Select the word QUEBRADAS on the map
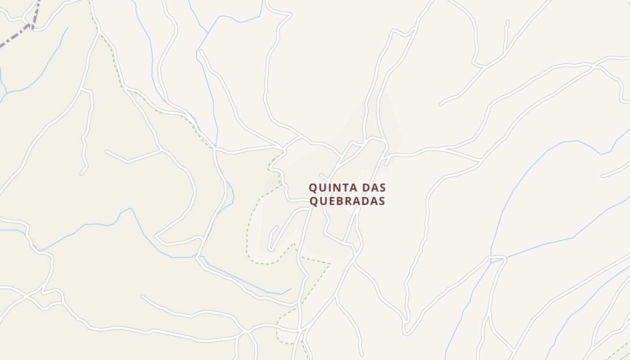pos(347,201)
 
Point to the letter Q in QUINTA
pos(313,188)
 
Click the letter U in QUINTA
pos(323,188)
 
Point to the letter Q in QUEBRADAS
pos(314,201)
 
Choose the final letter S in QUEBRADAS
pos(382,201)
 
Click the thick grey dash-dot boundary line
pos(13,37)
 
